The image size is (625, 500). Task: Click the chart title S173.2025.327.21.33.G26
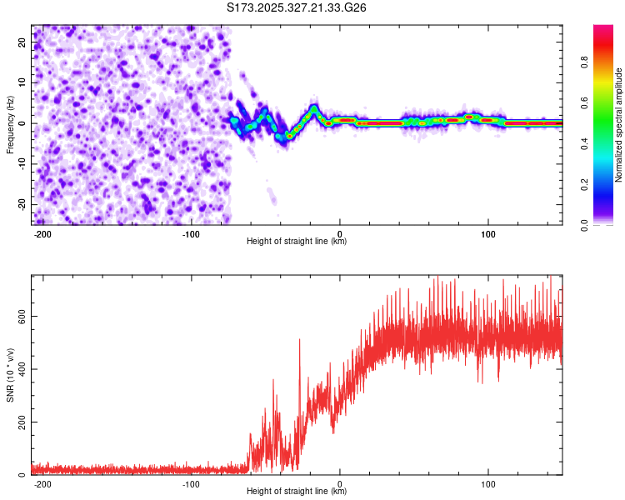click(297, 8)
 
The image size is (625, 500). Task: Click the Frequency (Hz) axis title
click(11, 124)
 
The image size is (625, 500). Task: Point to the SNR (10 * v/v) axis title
click(11, 375)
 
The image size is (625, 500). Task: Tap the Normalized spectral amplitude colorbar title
click(618, 125)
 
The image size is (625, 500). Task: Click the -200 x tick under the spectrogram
click(42, 234)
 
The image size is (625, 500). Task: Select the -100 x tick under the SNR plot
click(191, 484)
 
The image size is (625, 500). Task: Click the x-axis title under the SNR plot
click(297, 492)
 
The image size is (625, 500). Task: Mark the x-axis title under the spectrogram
click(297, 242)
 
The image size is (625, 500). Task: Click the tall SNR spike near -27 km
click(300, 340)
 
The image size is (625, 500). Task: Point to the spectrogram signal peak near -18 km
click(313, 108)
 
